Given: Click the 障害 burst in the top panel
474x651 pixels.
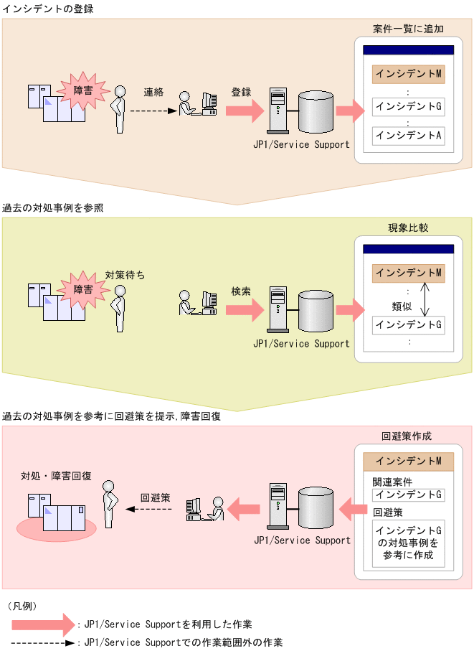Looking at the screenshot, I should tap(83, 90).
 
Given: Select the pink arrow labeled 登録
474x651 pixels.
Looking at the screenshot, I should tap(244, 111).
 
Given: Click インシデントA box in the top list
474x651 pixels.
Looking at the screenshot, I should tap(408, 135).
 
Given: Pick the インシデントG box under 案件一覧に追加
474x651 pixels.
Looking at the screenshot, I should tap(408, 107).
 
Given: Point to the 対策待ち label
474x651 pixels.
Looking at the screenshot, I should tap(125, 274).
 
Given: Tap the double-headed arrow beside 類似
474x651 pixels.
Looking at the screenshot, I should tap(424, 299).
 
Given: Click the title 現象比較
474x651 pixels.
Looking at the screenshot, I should tap(408, 228).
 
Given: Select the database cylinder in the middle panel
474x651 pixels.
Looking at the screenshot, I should tap(316, 310).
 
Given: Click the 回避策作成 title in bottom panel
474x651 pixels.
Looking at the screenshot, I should tap(407, 436).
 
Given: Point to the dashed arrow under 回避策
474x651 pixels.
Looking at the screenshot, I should tap(150, 509).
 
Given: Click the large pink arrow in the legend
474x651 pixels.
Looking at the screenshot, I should tap(43, 624).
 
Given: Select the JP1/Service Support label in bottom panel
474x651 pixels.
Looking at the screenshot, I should tap(302, 540).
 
